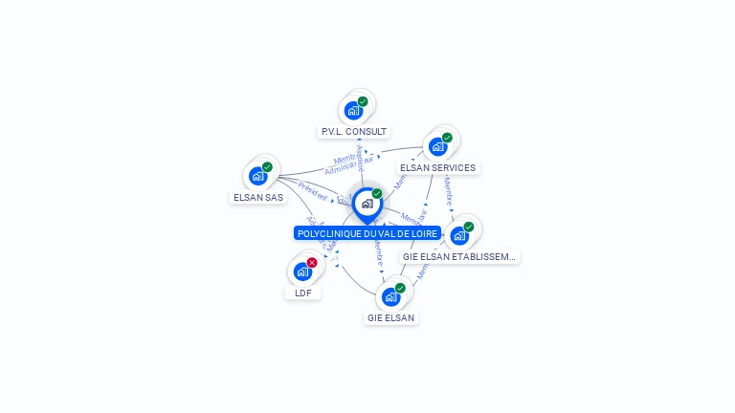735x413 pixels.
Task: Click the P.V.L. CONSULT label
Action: tap(354, 131)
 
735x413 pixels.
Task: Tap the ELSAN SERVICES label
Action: tap(437, 168)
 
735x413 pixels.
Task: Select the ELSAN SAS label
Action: tap(258, 197)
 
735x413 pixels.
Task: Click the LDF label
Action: tap(303, 293)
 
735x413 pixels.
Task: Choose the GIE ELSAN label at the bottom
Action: tap(390, 317)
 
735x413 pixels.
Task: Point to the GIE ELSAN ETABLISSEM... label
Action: tap(460, 256)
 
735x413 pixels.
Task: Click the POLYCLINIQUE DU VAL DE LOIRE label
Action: tap(367, 233)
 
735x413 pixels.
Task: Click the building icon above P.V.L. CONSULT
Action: tap(353, 110)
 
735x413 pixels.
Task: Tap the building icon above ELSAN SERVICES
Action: tap(437, 146)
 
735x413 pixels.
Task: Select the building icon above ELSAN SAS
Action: tap(257, 176)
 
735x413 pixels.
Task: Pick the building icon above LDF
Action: tap(302, 272)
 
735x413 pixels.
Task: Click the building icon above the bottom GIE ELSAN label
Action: tap(390, 296)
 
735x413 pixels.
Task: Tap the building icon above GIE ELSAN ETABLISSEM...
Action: tap(459, 235)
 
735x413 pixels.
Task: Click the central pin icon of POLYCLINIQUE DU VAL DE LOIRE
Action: tap(367, 204)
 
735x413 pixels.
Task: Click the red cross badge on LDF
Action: tap(312, 262)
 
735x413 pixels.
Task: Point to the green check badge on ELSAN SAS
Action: tap(267, 166)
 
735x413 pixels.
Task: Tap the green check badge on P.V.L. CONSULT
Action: tap(363, 100)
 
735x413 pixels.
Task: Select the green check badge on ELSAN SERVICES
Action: tap(447, 137)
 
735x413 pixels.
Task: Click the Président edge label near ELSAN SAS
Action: tap(313, 188)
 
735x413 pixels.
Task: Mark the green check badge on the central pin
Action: tap(377, 193)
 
